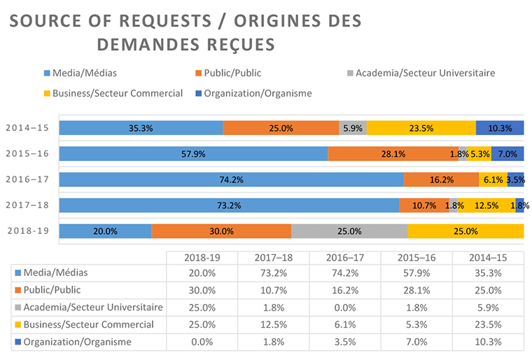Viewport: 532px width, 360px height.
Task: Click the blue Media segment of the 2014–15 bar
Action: tap(141, 128)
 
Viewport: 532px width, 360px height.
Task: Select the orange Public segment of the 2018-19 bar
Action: tap(221, 231)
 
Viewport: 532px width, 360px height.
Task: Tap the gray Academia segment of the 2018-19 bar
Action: tap(349, 231)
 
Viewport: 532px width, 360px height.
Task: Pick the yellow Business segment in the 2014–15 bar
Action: tap(421, 128)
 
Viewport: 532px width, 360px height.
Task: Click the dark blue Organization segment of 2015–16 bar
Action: tap(507, 154)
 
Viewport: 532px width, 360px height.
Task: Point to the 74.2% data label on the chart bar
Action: tap(231, 180)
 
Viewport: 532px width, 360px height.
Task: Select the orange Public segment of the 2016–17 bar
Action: tap(441, 180)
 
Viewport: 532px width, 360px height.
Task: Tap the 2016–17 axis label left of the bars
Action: tap(29, 179)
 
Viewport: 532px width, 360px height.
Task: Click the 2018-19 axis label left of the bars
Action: tap(29, 230)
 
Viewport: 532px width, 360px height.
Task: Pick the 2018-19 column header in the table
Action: tap(202, 256)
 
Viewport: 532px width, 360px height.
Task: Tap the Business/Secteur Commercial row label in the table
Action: tap(88, 324)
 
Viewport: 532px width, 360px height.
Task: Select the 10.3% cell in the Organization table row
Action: tap(487, 342)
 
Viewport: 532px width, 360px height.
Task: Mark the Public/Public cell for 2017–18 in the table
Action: tap(274, 290)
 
